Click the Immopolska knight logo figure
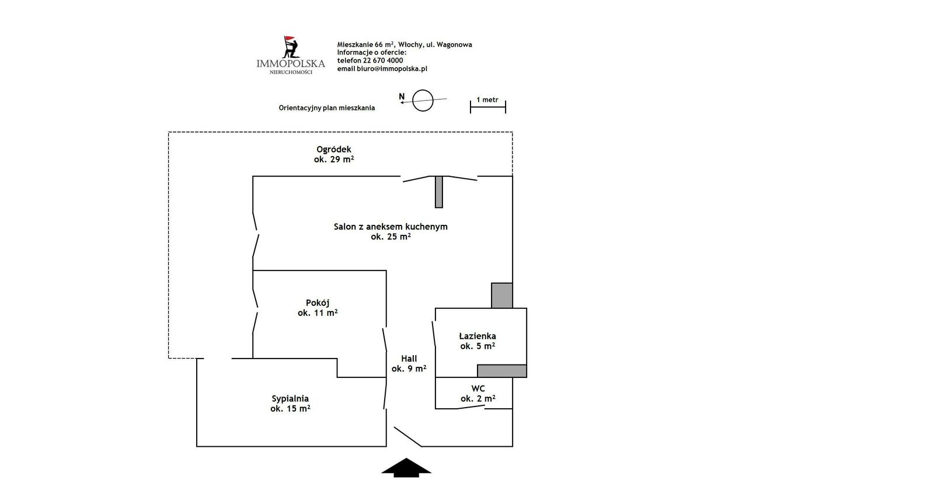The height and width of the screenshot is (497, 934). [x=291, y=47]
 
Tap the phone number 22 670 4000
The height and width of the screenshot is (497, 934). [x=383, y=61]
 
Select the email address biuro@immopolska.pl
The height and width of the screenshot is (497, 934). [x=392, y=69]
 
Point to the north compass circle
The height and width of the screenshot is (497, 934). [x=423, y=100]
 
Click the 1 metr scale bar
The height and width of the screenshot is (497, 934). [x=488, y=106]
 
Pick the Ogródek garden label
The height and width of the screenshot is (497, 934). [x=334, y=154]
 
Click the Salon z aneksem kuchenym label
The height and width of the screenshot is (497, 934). [x=391, y=232]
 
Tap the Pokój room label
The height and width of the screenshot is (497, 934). [x=318, y=308]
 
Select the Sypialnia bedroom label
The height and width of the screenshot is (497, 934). [x=290, y=404]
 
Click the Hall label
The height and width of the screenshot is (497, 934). [x=409, y=363]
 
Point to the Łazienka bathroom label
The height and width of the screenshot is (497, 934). [x=478, y=341]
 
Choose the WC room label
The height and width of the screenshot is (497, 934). [x=478, y=394]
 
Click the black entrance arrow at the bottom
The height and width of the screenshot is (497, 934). [x=406, y=468]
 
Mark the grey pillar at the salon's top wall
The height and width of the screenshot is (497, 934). [x=438, y=192]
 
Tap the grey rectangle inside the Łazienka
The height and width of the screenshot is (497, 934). [x=502, y=371]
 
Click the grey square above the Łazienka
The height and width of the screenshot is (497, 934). [x=501, y=296]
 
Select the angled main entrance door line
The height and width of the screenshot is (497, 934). [x=408, y=437]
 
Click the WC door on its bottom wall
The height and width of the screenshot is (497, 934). [x=471, y=407]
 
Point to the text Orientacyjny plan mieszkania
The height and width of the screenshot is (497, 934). [x=327, y=108]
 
